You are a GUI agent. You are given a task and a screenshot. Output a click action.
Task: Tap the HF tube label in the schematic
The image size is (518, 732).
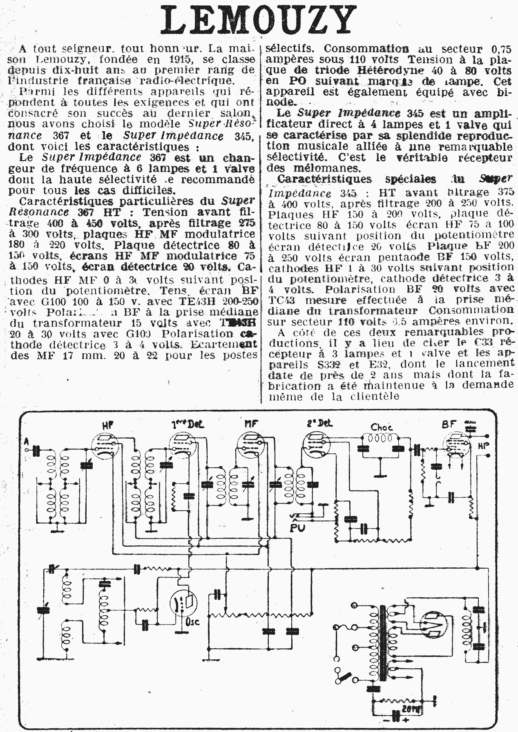pyautogui.click(x=108, y=425)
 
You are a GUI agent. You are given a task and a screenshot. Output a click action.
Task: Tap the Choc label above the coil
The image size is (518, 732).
pyautogui.click(x=381, y=427)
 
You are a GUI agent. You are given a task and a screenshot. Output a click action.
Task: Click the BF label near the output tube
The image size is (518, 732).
pyautogui.click(x=448, y=424)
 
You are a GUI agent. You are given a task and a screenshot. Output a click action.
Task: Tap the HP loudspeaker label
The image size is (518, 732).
pyautogui.click(x=483, y=446)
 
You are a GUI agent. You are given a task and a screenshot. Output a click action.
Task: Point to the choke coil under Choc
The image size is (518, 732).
pyautogui.click(x=380, y=439)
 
